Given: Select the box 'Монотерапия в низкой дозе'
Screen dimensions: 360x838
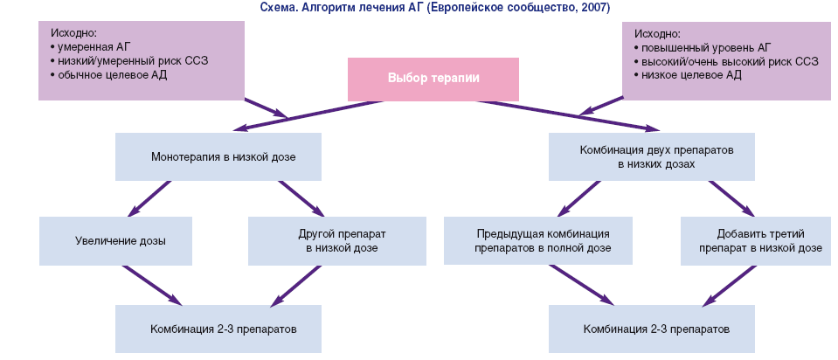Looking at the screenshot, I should pyautogui.click(x=218, y=156).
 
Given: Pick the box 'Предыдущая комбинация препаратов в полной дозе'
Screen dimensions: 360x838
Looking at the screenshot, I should pyautogui.click(x=543, y=240).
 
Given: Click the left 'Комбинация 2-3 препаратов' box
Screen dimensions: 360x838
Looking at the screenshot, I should pyautogui.click(x=218, y=329).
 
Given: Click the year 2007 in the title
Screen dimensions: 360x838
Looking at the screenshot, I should pyautogui.click(x=598, y=7).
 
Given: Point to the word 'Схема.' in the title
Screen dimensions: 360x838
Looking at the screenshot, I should pyautogui.click(x=278, y=7).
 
